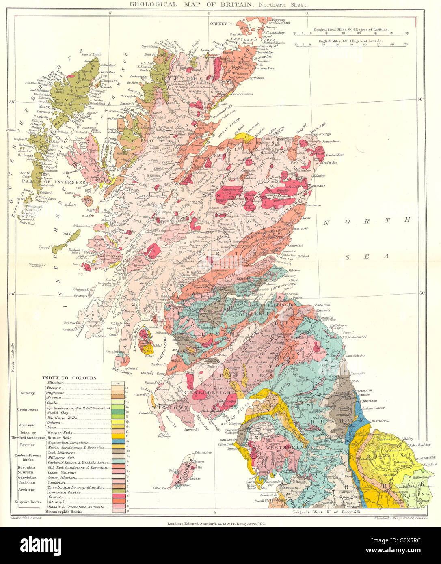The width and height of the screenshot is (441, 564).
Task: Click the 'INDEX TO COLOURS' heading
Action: pos(69,378)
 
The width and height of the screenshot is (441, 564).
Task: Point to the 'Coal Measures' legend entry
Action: pos(61,453)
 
